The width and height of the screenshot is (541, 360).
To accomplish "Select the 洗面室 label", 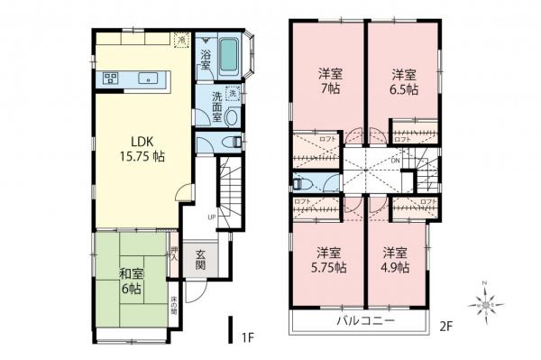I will tap(215, 106).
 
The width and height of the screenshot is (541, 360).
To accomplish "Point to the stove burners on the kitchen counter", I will tap(112, 78).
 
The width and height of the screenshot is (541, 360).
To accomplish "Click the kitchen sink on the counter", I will tap(147, 78).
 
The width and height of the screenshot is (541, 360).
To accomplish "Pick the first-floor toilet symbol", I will tap(234, 142).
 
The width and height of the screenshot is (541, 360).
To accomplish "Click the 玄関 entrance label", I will tap(199, 259).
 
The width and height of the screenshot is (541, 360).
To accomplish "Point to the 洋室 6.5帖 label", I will tap(403, 80).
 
